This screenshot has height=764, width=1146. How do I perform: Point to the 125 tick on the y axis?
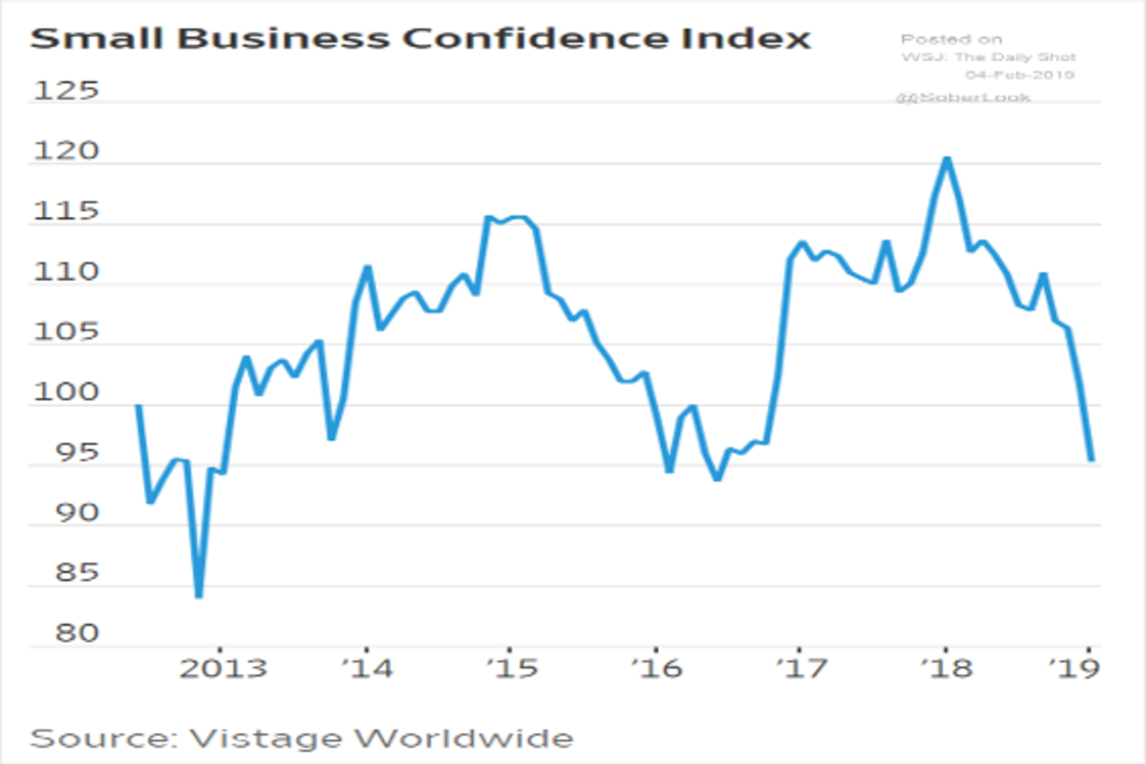(66, 92)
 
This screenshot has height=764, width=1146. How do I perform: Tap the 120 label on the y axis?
(66, 153)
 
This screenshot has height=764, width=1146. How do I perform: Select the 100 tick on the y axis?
(66, 393)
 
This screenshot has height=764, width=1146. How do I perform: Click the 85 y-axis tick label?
(66, 575)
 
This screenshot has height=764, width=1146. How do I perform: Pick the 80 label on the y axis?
(66, 635)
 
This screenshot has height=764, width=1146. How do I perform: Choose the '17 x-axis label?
(800, 668)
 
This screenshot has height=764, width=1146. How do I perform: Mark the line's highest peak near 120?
(946, 159)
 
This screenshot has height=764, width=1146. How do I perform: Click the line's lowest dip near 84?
(199, 596)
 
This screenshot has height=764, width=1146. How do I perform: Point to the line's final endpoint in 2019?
(1091, 460)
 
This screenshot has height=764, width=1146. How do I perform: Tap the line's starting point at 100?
(138, 405)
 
